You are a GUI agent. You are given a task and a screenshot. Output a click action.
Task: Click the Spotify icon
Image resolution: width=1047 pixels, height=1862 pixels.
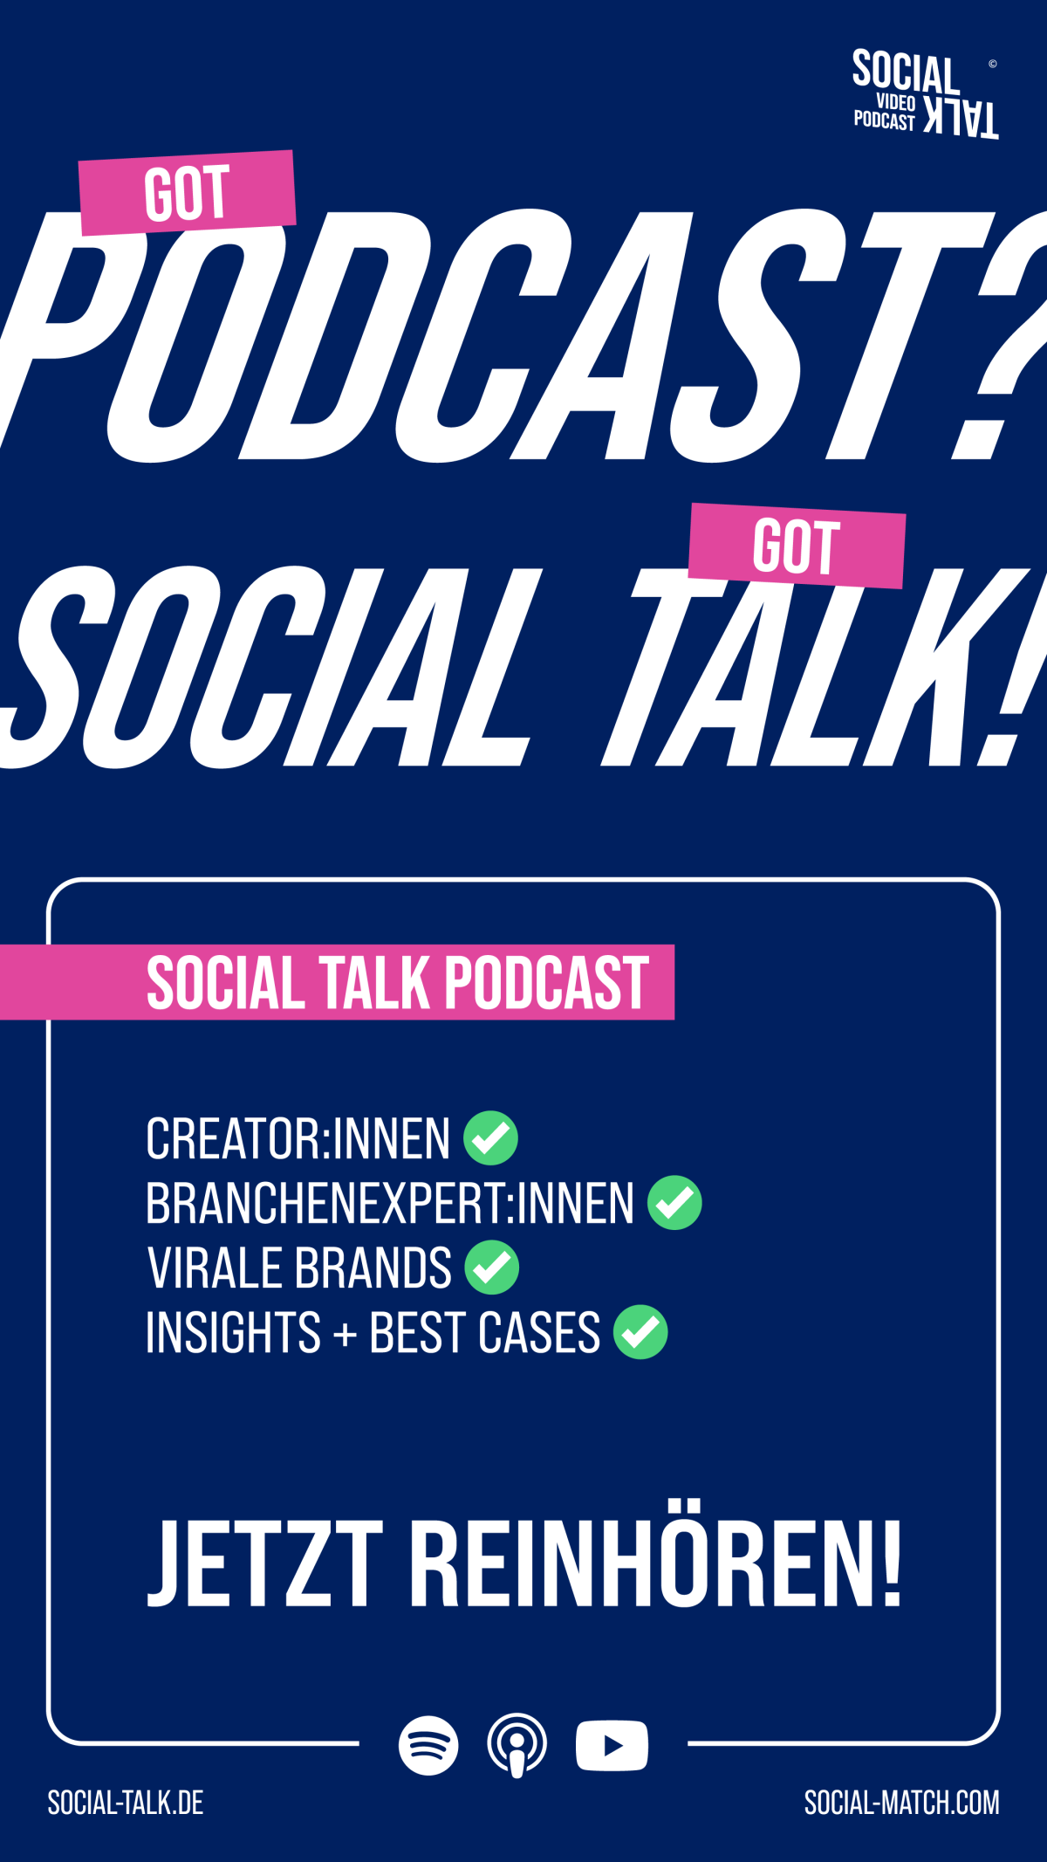tap(428, 1746)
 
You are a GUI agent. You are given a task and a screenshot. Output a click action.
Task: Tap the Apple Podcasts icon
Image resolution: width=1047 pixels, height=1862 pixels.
tap(517, 1746)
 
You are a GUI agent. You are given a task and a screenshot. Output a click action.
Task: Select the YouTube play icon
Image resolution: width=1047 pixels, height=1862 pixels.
tap(612, 1746)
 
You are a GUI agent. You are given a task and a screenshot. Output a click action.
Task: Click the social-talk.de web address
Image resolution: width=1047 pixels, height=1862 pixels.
tap(126, 1803)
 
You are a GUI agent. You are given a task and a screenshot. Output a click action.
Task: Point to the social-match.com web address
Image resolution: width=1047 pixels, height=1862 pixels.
tap(902, 1803)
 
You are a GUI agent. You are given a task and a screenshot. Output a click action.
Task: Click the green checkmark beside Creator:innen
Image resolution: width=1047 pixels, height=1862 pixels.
tap(490, 1138)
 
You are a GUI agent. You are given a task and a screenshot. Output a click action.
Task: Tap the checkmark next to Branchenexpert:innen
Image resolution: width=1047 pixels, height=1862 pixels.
tap(674, 1203)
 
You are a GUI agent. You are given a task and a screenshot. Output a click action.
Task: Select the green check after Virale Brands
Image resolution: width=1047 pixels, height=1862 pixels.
tap(492, 1268)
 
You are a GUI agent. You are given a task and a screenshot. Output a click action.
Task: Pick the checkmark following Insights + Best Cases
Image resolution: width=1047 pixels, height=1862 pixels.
tap(640, 1332)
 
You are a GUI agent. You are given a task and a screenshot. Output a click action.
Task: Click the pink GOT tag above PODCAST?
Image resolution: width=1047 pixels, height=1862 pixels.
tap(188, 193)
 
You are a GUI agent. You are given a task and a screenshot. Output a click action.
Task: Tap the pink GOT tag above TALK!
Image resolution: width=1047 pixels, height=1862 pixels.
tap(797, 546)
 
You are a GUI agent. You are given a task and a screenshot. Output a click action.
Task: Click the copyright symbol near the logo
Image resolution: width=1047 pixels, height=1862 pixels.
tap(992, 64)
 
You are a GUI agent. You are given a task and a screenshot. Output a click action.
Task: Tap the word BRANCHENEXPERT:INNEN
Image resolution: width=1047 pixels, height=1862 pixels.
tap(390, 1203)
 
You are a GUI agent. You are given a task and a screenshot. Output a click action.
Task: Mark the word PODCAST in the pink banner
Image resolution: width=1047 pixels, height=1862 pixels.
tap(547, 983)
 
